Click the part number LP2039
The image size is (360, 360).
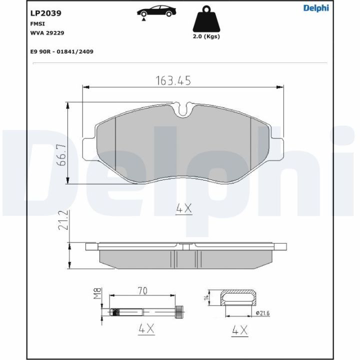[x=45, y=13]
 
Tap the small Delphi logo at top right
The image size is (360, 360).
[x=316, y=8]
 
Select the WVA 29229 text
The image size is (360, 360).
[x=47, y=33]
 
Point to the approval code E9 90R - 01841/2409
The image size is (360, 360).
[x=62, y=51]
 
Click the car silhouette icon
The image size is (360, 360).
[x=157, y=12]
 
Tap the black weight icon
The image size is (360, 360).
[x=206, y=19]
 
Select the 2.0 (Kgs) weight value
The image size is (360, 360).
[x=206, y=36]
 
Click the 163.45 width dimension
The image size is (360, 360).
[x=173, y=81]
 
